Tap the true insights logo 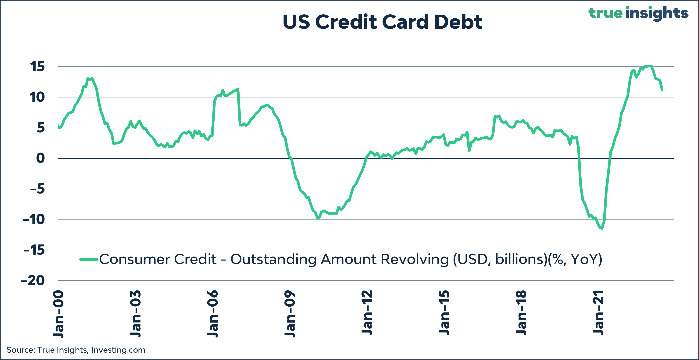638,13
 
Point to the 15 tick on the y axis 37,66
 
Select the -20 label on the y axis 33,280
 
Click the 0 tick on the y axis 40,158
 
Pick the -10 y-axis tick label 34,219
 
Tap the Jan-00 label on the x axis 59,314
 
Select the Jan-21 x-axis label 598,312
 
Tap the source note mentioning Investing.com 76,350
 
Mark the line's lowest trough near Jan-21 602,228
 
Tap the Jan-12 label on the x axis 367,312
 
